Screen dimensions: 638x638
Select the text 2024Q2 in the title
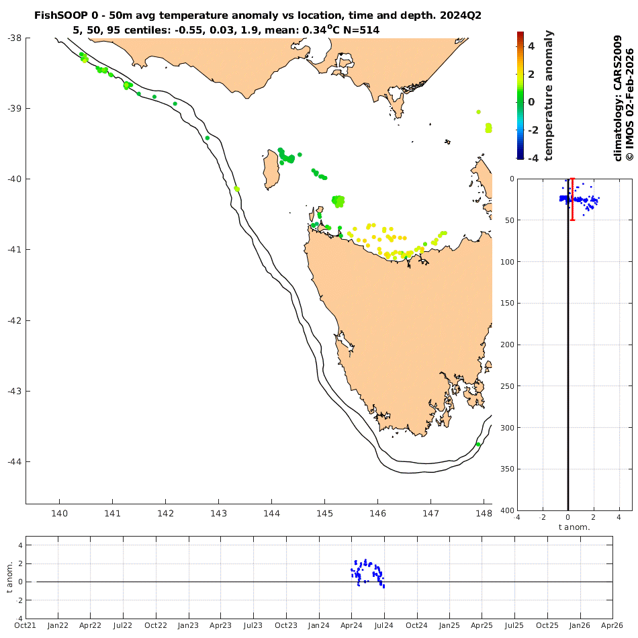click(459, 15)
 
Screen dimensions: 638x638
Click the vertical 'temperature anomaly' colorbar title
click(548, 95)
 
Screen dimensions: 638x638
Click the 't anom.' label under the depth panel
click(574, 527)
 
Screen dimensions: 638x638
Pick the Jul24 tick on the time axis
click(384, 626)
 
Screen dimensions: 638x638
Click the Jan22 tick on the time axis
click(58, 626)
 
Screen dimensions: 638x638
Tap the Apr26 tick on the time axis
click(612, 626)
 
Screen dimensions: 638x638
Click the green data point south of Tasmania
click(478, 445)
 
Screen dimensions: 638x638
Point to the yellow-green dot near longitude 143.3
click(237, 189)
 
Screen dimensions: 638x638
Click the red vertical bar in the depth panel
click(572, 199)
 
